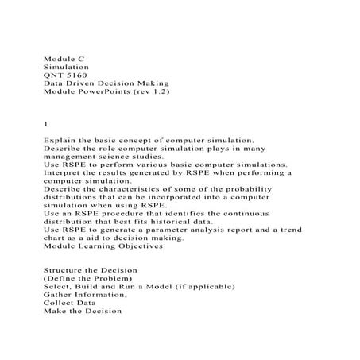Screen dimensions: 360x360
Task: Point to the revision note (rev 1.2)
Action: coord(153,92)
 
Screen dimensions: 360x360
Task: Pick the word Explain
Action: coord(59,140)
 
